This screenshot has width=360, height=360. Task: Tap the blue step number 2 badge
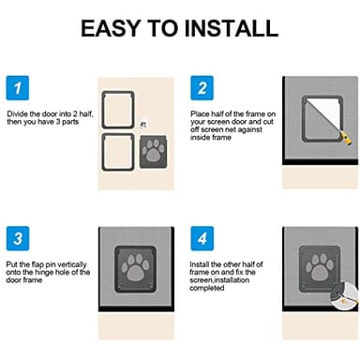[x=200, y=89]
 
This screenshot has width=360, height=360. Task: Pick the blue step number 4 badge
[x=200, y=237]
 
